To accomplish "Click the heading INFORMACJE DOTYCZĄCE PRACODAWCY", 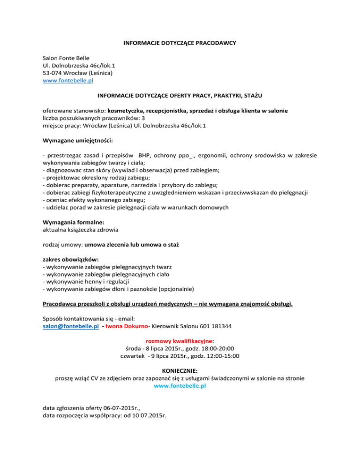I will tap(180, 43).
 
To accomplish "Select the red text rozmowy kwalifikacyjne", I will tap(180, 341).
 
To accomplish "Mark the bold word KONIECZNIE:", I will tap(180, 371).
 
